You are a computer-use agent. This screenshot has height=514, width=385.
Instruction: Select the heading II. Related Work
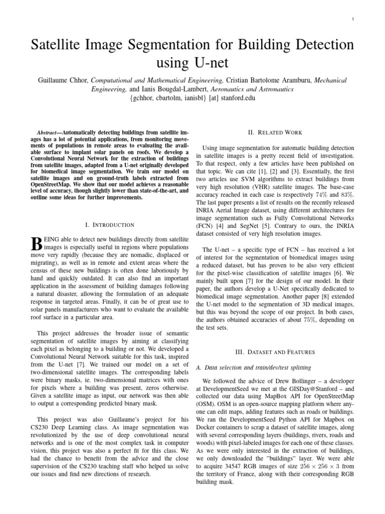(275, 133)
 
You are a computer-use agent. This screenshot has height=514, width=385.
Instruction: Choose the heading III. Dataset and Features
(275, 352)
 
